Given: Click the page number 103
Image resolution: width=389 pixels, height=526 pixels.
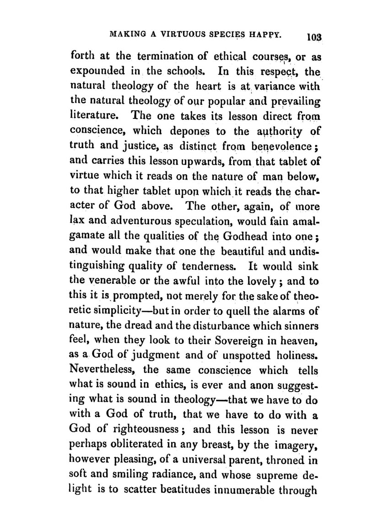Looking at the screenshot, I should coord(315,37).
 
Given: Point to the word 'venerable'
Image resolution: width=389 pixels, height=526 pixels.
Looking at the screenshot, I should coord(112,279).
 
